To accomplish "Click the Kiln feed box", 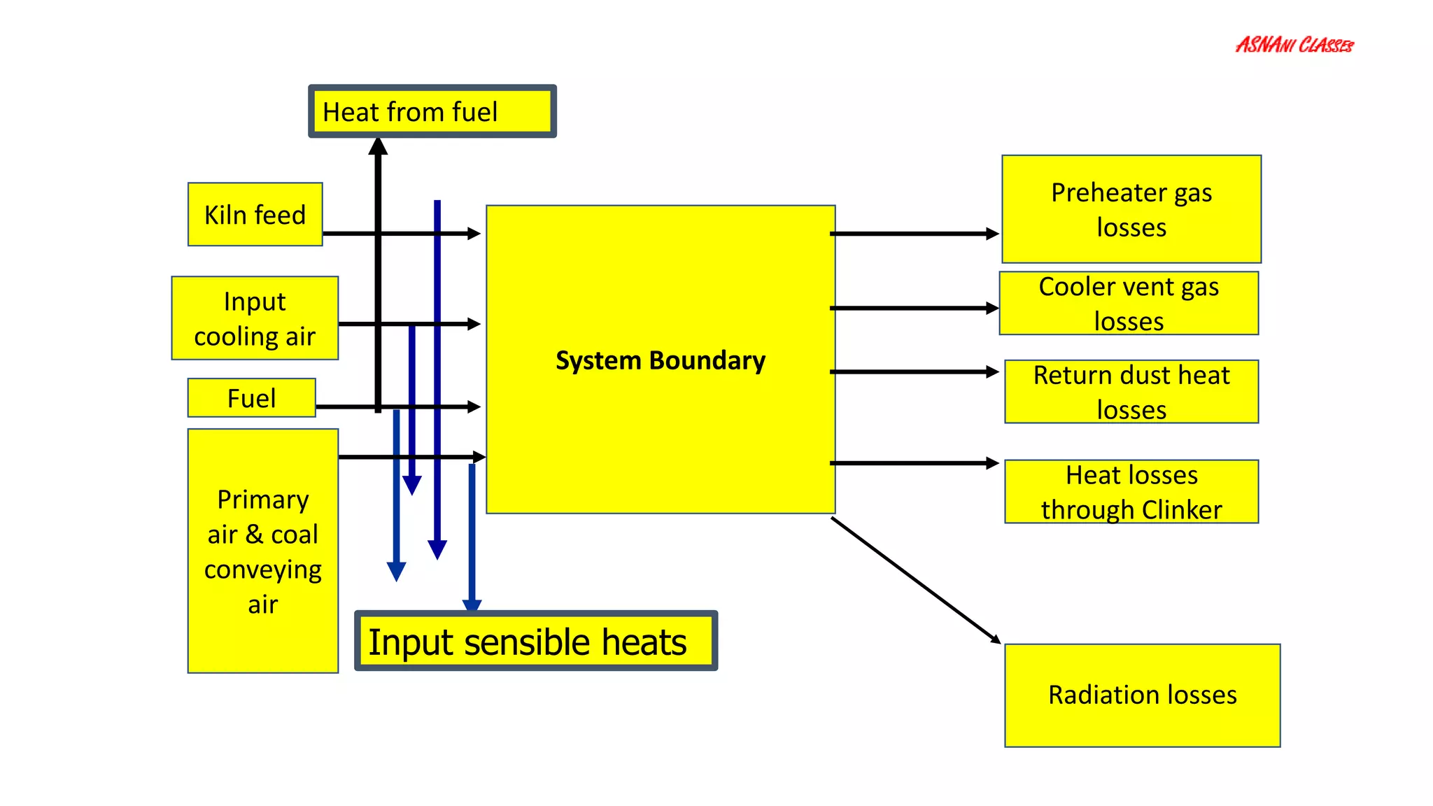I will point(255,214).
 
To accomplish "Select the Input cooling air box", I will point(255,318).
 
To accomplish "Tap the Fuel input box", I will point(251,398).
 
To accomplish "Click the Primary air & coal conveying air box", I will point(262,551).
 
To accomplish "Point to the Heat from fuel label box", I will point(432,111).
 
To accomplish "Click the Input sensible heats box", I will point(535,641).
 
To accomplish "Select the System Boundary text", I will point(660,360).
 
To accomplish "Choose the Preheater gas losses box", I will point(1131,209).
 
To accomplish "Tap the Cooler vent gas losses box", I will point(1128,303).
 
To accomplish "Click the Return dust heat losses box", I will point(1131,392).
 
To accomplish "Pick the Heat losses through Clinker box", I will point(1131,491).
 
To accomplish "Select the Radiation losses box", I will point(1142,695).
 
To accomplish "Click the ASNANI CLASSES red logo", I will point(1294,45).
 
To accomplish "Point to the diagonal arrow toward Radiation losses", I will point(915,580).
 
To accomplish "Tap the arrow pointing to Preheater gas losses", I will point(913,234).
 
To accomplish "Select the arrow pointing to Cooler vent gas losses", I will point(913,308).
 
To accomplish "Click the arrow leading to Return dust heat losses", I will point(913,372).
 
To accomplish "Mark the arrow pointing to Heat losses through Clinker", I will point(913,463).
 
